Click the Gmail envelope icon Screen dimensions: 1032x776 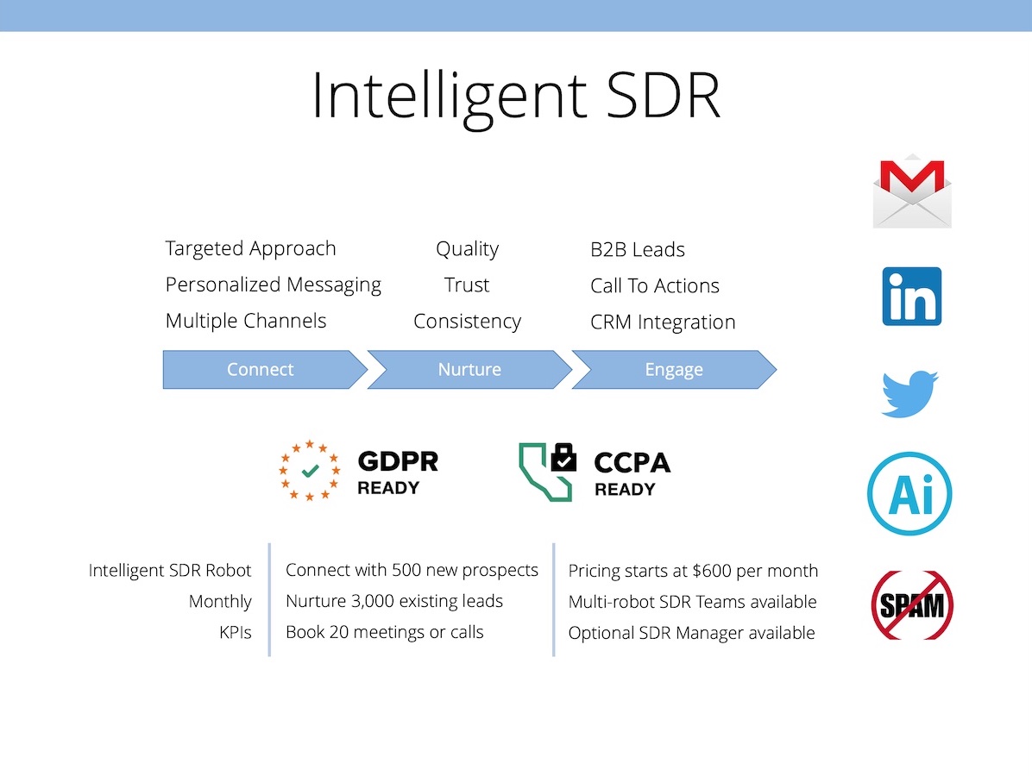tap(912, 191)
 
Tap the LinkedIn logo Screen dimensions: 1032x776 tap(911, 296)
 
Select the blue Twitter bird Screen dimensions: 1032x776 tap(909, 394)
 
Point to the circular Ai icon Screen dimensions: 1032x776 tap(909, 493)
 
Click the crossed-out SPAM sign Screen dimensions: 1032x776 tap(911, 605)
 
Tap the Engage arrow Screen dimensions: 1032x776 tap(675, 370)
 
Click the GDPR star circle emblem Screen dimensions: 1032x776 tap(309, 471)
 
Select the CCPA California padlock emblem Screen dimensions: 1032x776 tap(547, 472)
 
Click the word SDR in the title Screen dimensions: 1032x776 tap(664, 96)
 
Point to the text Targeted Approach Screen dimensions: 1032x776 tap(251, 248)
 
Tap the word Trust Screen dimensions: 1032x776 tap(467, 285)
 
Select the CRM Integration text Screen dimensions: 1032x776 tap(663, 322)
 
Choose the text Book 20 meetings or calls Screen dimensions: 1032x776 tap(384, 632)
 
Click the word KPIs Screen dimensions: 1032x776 tap(236, 632)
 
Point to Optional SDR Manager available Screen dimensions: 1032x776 tap(692, 633)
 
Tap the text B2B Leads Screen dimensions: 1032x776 tap(638, 249)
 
